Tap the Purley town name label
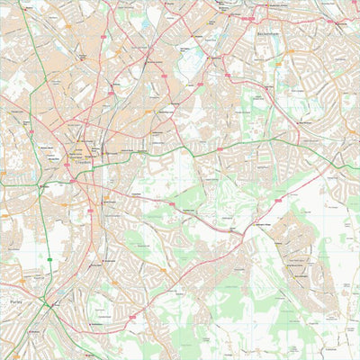pyautogui.click(x=13, y=304)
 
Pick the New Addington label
pyautogui.click(x=297, y=266)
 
